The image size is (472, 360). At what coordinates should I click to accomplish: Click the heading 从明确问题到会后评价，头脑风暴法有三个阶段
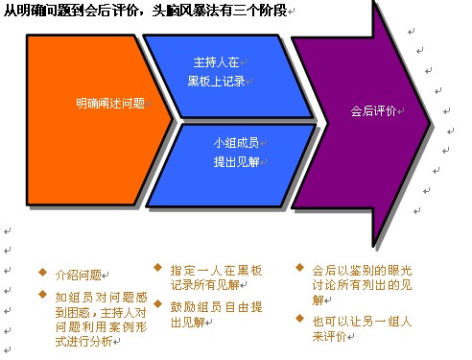pos(145,11)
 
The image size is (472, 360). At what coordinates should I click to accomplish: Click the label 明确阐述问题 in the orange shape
pos(110,104)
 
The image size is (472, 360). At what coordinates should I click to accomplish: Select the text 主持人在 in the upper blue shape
pos(216,62)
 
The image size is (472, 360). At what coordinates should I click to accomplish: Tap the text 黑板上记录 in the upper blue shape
pos(216,82)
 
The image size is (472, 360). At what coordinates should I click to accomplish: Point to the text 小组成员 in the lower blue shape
pos(236,143)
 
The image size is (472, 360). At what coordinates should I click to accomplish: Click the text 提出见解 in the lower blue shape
pos(236,162)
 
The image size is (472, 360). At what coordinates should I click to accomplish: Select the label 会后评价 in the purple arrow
pos(373,111)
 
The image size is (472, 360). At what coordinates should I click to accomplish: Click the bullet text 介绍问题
pos(79,275)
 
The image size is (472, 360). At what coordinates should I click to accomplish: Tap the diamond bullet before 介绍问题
pos(42,273)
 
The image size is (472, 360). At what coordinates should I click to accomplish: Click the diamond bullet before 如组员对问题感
pos(42,295)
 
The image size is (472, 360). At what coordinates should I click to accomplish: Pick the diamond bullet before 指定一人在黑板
pos(157,268)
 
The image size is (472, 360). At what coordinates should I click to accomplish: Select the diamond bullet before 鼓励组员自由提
pos(157,304)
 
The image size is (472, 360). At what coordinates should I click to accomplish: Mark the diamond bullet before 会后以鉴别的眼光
pos(299,267)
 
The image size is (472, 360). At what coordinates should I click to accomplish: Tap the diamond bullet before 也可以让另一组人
pos(299,319)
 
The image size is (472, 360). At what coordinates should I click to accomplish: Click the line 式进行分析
pos(83,342)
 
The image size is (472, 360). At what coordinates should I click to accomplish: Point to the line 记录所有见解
pos(205,284)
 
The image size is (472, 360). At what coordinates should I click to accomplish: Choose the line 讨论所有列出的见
pos(362,284)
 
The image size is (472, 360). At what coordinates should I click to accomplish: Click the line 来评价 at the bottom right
pos(329,336)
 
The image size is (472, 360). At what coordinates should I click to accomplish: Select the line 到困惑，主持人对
pos(101,312)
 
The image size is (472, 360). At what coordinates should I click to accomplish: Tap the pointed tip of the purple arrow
pos(431,123)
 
